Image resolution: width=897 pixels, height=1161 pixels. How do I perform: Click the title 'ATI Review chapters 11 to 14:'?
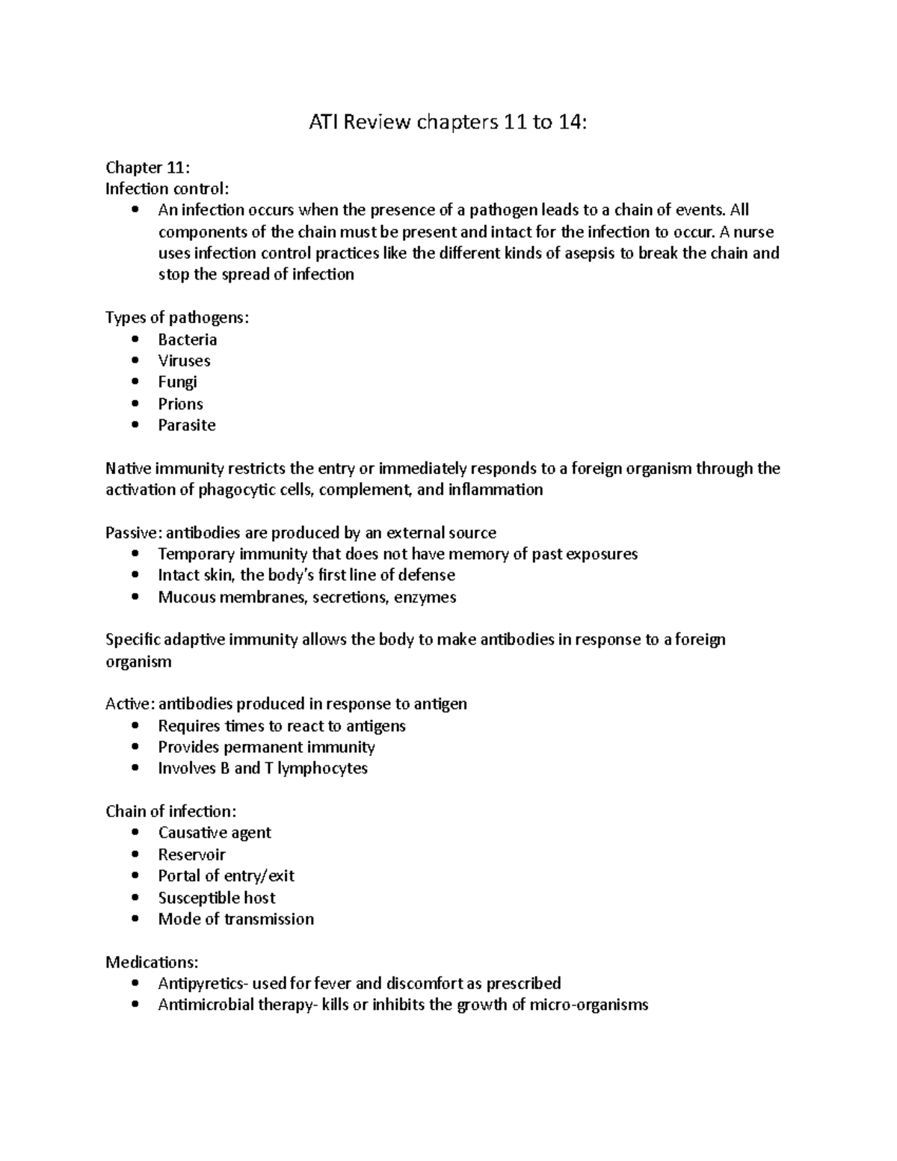click(x=449, y=123)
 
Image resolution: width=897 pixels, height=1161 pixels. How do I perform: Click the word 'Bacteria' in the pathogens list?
click(x=188, y=339)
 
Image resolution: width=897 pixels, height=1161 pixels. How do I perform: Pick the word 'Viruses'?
click(x=184, y=360)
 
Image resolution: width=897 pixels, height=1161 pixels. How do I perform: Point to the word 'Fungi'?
click(x=177, y=382)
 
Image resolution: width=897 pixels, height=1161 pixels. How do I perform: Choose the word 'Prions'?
click(x=180, y=404)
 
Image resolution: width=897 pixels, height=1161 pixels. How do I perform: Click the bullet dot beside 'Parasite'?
click(x=135, y=425)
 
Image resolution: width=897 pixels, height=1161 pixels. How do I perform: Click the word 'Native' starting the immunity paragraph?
click(x=128, y=469)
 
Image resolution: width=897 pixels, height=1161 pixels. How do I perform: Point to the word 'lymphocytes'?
click(x=322, y=769)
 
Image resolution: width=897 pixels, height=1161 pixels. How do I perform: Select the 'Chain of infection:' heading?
click(x=170, y=811)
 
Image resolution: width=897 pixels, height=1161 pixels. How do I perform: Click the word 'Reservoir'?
click(x=191, y=854)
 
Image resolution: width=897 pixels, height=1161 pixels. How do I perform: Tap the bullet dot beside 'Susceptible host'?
click(x=135, y=897)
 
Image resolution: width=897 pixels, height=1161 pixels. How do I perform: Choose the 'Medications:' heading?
click(x=152, y=961)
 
